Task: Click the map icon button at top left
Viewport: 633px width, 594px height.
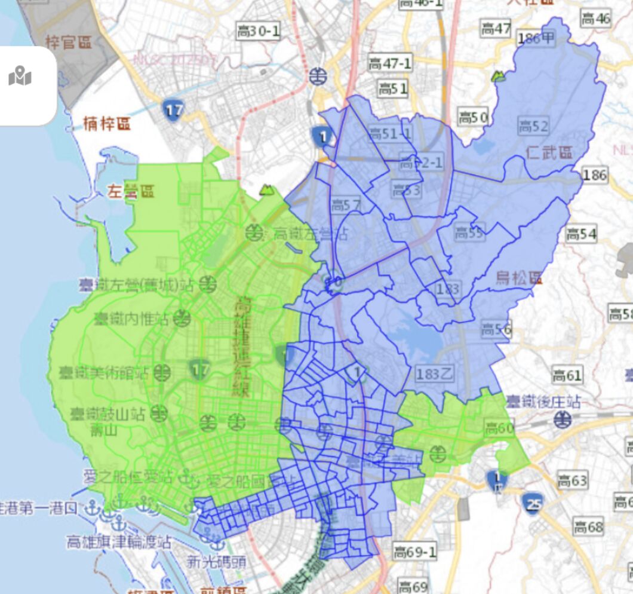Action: [x=20, y=77]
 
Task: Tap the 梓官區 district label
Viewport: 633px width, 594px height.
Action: [x=69, y=42]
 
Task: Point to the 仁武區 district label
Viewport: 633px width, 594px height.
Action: [x=549, y=153]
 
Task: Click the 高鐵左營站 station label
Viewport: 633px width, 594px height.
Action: [x=310, y=233]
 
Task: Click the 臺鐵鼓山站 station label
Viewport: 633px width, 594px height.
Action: [x=107, y=414]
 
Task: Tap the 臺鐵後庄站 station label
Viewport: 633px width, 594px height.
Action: [x=542, y=401]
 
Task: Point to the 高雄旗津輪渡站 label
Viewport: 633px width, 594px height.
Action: [x=119, y=542]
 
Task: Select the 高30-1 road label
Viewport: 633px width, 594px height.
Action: [x=258, y=31]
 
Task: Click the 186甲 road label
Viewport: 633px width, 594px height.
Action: [x=536, y=39]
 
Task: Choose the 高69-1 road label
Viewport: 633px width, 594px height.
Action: [x=414, y=552]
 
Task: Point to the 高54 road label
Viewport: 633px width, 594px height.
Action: [x=580, y=234]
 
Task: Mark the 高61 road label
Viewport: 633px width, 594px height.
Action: [x=566, y=375]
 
